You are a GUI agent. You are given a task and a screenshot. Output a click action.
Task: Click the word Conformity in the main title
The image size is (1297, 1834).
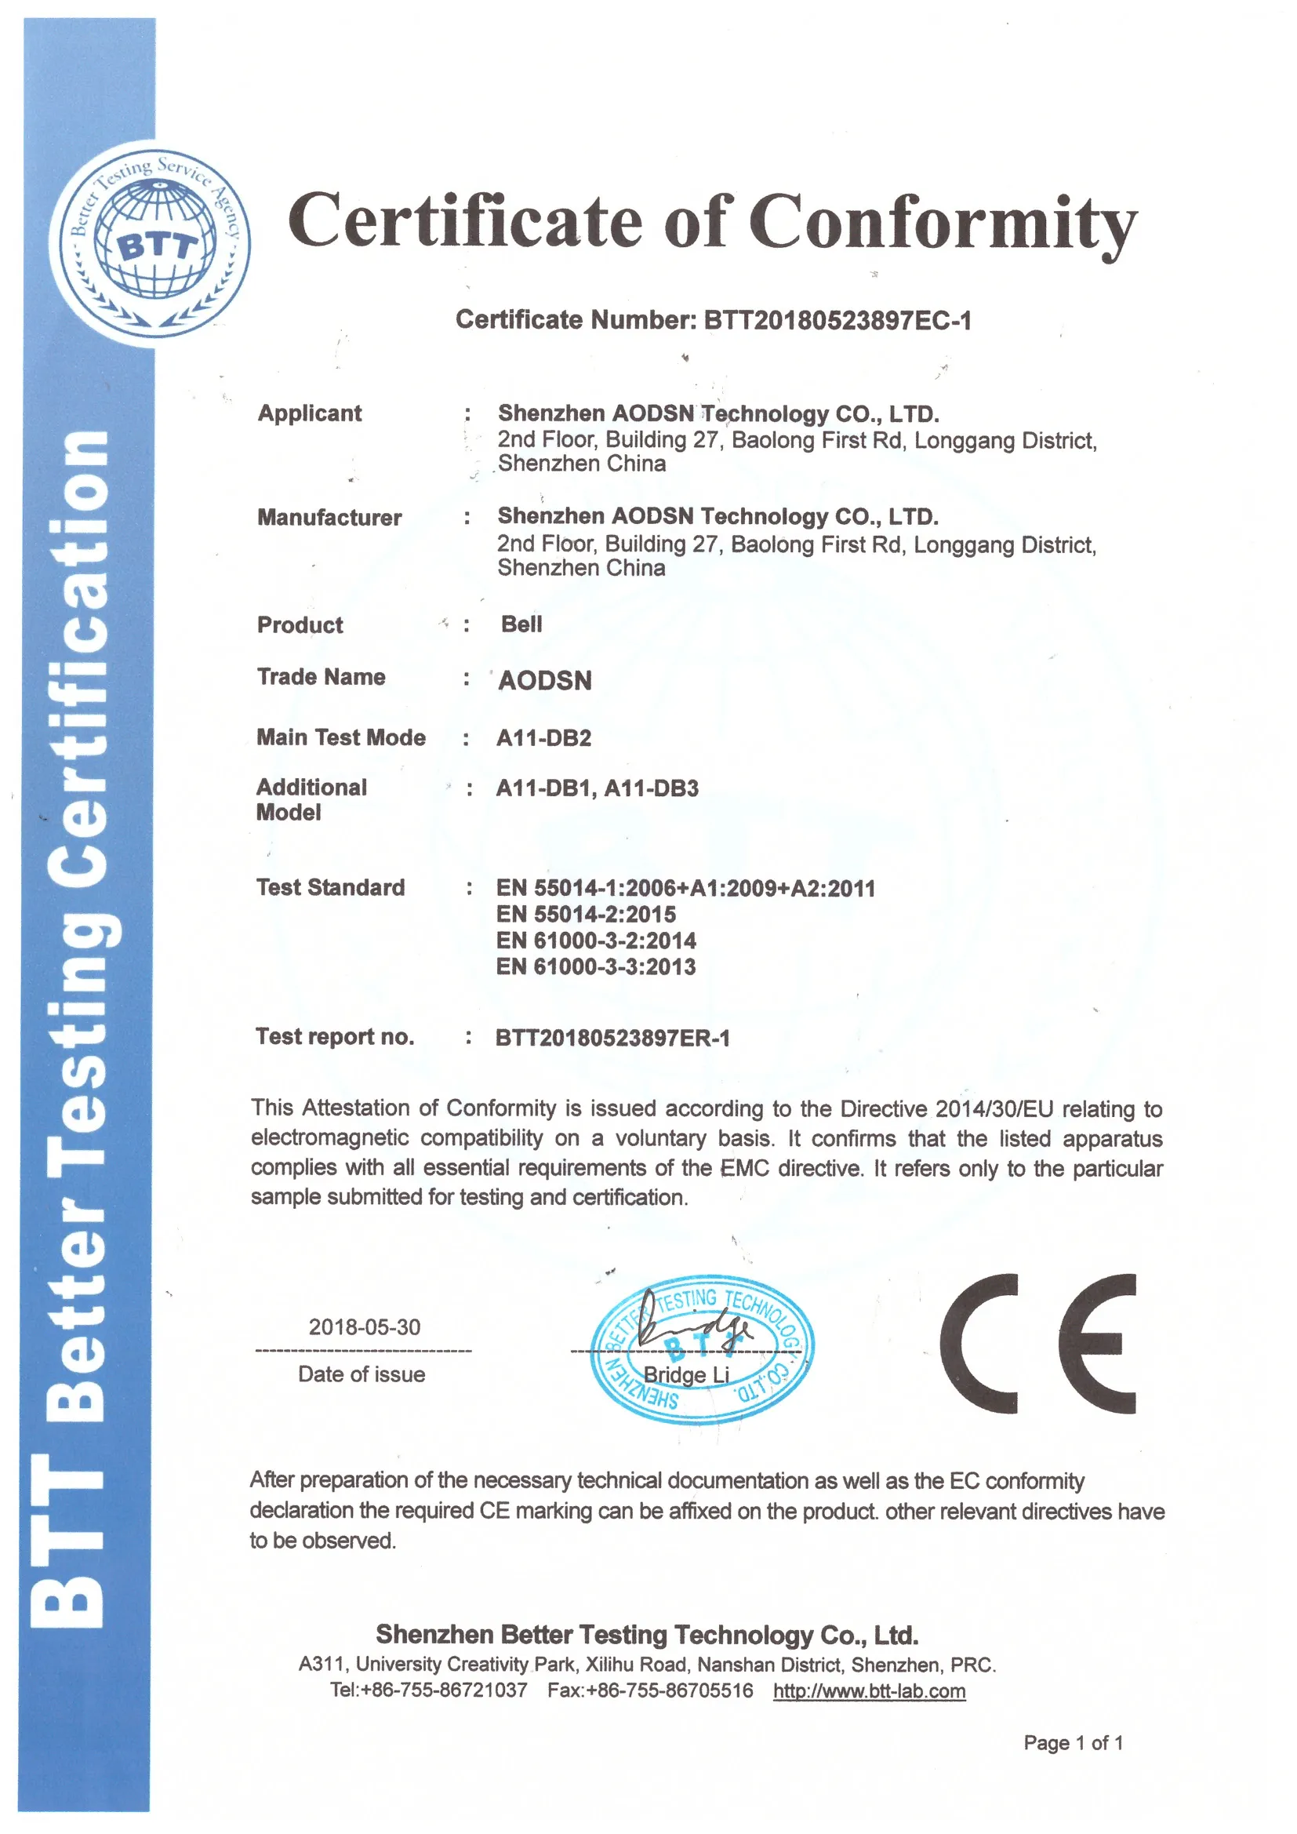pyautogui.click(x=943, y=222)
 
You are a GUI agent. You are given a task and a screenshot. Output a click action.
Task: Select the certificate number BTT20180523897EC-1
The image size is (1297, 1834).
pyautogui.click(x=837, y=320)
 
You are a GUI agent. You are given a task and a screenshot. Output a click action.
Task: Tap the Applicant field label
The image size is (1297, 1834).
pyautogui.click(x=309, y=413)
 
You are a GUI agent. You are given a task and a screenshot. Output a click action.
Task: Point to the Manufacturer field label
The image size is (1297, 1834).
pyautogui.click(x=329, y=518)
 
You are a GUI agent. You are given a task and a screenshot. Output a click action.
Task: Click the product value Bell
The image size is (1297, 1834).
pyautogui.click(x=521, y=624)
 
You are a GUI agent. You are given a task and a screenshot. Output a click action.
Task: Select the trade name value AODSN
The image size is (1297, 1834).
pyautogui.click(x=545, y=681)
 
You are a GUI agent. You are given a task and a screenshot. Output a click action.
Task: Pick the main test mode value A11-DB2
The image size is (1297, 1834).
pyautogui.click(x=544, y=738)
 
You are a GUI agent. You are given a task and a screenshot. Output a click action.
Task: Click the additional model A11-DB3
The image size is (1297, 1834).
pyautogui.click(x=652, y=788)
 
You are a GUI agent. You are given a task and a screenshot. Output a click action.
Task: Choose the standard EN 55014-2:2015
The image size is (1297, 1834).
pyautogui.click(x=587, y=914)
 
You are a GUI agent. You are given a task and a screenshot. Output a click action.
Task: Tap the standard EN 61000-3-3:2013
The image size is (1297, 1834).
pyautogui.click(x=596, y=966)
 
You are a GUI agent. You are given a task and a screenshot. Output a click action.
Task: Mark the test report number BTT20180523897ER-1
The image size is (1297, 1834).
pyautogui.click(x=612, y=1038)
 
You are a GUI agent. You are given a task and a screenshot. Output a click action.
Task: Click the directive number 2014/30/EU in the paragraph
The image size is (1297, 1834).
pyautogui.click(x=994, y=1108)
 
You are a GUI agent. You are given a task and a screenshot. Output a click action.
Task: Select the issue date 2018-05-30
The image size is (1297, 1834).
pyautogui.click(x=364, y=1326)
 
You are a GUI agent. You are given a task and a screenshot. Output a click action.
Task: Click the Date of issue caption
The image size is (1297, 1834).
pyautogui.click(x=361, y=1374)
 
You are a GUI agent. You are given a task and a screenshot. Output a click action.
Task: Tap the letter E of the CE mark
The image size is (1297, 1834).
pyautogui.click(x=1096, y=1344)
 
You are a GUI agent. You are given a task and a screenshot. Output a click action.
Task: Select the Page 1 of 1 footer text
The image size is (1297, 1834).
pyautogui.click(x=1073, y=1742)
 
